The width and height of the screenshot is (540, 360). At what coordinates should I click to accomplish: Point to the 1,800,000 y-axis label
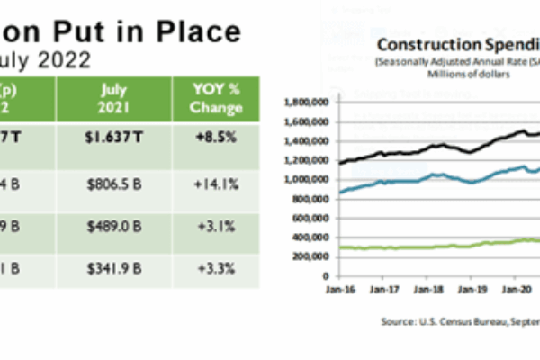[x=304, y=103]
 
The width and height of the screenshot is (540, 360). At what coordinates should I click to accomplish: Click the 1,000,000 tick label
[x=304, y=179]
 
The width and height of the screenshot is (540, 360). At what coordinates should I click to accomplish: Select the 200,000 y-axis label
[x=307, y=256]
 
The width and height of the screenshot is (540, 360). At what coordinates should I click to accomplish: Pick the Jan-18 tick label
[x=428, y=291]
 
